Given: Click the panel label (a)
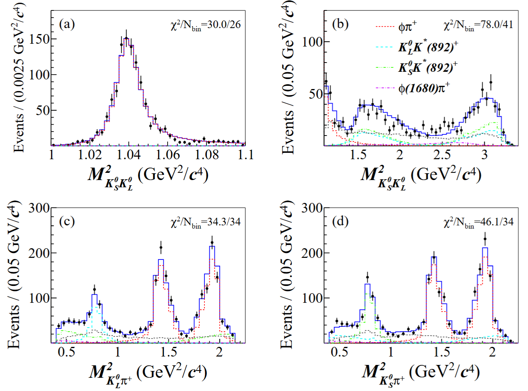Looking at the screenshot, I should [x=67, y=24].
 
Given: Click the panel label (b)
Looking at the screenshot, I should [x=340, y=24].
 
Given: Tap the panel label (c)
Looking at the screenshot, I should [x=67, y=221].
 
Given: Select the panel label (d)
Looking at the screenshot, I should [x=340, y=221].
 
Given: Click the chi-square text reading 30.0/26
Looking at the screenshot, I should [x=206, y=25].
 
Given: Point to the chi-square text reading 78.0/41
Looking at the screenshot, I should [x=478, y=25].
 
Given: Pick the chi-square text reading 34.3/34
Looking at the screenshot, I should [x=206, y=222].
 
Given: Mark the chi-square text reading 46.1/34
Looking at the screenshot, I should [x=478, y=222].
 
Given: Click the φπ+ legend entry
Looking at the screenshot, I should [x=407, y=27].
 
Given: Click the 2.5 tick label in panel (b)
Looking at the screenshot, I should [x=442, y=154].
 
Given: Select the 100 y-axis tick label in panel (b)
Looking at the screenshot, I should [x=312, y=42].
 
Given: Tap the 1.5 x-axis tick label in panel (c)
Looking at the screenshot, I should [x=168, y=352].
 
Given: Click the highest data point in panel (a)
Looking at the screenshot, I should [x=126, y=38].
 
